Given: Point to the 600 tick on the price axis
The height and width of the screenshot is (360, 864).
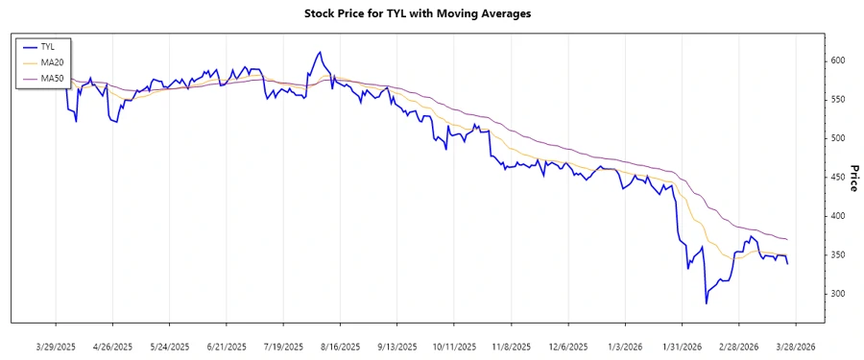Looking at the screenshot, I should point(839,60).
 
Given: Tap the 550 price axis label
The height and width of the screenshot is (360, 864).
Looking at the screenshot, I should point(839,100).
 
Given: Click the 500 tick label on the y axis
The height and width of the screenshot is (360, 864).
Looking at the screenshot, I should point(839,138).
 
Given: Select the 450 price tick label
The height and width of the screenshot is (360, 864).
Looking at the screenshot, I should point(839,178).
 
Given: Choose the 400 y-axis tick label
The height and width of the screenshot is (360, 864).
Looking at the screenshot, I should point(839,216).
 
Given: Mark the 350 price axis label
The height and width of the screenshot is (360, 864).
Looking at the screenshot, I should point(839,254).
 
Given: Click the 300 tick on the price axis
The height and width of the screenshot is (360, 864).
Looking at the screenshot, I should point(839,294).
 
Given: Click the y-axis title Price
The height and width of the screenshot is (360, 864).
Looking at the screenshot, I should point(852,178).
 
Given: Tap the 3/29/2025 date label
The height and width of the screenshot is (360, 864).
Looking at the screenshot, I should point(56,346).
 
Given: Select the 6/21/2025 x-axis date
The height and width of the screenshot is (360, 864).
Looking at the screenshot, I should point(227,346).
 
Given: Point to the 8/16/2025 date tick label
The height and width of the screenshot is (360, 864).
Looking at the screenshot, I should point(340,346).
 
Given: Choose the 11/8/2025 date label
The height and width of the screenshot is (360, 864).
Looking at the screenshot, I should point(511,346).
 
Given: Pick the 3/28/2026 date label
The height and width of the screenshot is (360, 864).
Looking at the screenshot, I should point(795,346).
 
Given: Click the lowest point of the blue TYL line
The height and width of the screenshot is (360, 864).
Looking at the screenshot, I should point(707,303).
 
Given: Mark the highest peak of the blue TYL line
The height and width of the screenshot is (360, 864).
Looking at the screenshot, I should point(319,52).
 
